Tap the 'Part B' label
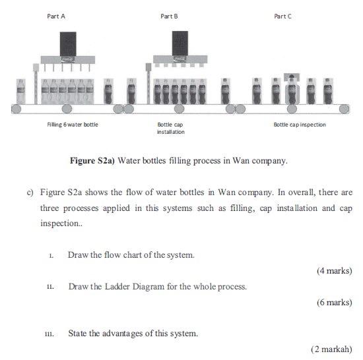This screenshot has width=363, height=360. [x=170, y=16]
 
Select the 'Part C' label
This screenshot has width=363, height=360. [x=282, y=16]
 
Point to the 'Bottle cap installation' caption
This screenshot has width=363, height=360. [x=170, y=128]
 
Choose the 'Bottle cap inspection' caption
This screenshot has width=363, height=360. [x=300, y=124]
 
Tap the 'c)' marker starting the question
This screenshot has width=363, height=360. [x=30, y=193]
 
